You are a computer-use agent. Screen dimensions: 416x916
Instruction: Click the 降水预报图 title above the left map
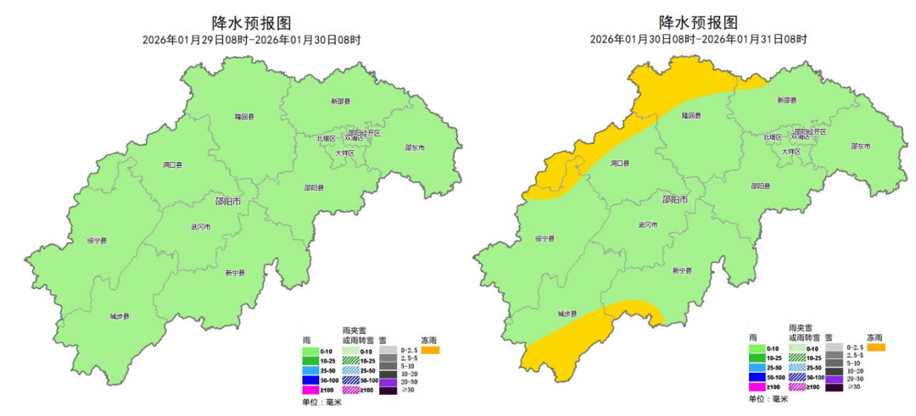point(250,23)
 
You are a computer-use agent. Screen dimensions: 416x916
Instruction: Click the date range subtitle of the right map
point(698,40)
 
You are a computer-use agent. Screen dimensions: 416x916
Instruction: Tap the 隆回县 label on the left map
point(250,116)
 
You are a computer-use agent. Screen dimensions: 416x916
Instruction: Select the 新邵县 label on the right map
point(788,101)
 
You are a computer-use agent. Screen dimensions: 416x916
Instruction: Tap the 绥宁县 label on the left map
point(98,241)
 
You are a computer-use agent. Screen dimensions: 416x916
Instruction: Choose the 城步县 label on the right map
point(567,314)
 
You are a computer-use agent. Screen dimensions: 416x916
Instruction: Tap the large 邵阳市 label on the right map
point(676,201)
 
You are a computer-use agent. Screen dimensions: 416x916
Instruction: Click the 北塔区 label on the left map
point(327,137)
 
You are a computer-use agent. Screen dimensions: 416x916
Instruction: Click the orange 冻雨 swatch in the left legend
point(430,349)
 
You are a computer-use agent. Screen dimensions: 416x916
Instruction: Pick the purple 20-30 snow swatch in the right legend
point(833,380)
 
